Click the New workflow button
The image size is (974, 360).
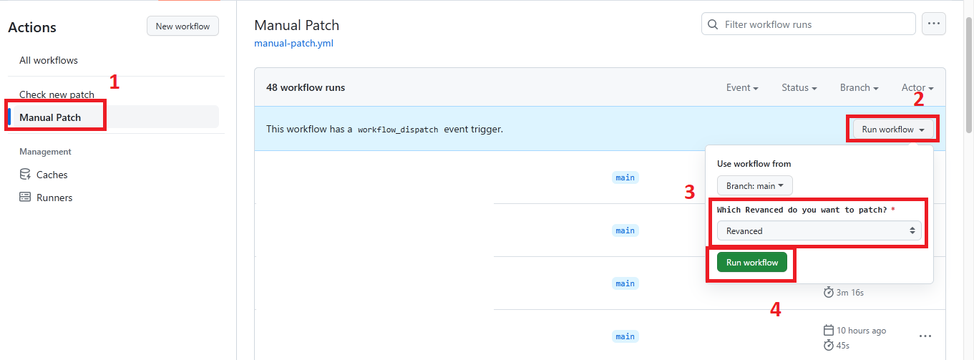(x=182, y=26)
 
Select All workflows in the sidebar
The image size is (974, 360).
(x=49, y=60)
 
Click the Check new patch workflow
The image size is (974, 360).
(x=57, y=94)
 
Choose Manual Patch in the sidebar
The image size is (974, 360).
(x=50, y=117)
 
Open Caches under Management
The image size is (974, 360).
(x=52, y=175)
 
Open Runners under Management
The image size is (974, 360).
(x=54, y=198)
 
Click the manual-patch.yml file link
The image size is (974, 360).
(x=293, y=43)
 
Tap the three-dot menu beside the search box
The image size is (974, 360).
(x=933, y=24)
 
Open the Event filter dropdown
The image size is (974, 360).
(x=742, y=87)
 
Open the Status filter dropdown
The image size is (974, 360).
(x=799, y=87)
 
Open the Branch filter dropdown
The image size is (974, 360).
(x=859, y=87)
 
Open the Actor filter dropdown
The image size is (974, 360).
(x=917, y=87)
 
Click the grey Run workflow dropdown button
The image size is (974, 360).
(x=893, y=130)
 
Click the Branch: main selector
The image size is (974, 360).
(x=754, y=185)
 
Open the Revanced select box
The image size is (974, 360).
(x=819, y=230)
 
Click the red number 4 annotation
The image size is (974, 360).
(x=775, y=309)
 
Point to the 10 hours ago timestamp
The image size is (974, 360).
(x=861, y=331)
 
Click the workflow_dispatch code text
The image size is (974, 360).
(x=398, y=130)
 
